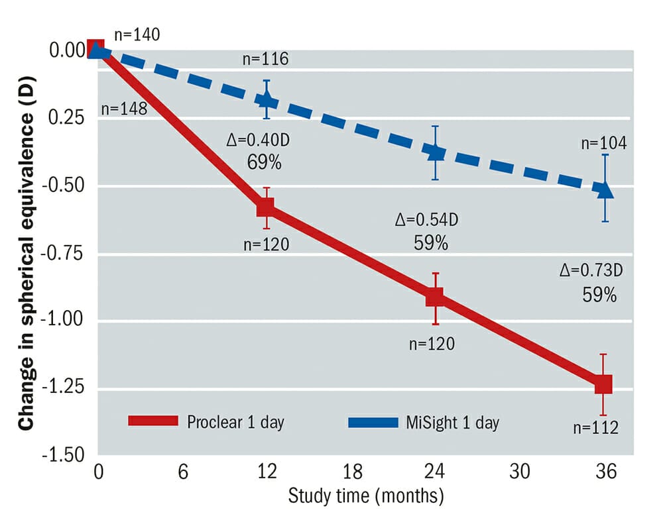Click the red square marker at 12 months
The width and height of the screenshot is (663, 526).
point(265,207)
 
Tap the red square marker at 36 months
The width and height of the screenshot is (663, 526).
point(603,384)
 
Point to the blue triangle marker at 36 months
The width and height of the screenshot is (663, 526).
point(605,190)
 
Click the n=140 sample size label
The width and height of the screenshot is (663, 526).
point(137,34)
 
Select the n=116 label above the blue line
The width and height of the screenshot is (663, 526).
point(265,59)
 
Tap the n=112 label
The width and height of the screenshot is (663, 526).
point(595,427)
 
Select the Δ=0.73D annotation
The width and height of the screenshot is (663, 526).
point(592,270)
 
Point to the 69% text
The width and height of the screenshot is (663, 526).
point(264,162)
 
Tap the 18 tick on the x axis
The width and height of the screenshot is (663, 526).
point(352,473)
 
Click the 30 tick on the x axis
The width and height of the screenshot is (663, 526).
point(520,473)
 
